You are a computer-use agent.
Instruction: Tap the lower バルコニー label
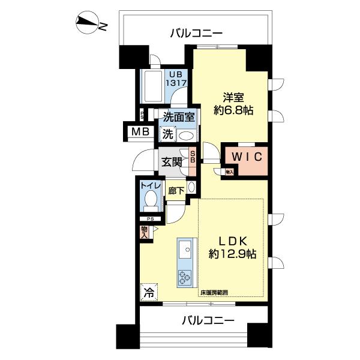pos(208,321)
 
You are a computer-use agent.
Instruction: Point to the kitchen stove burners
pos(184,276)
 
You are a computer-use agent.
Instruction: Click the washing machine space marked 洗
pos(169,134)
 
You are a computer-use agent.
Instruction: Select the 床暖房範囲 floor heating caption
pos(214,292)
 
